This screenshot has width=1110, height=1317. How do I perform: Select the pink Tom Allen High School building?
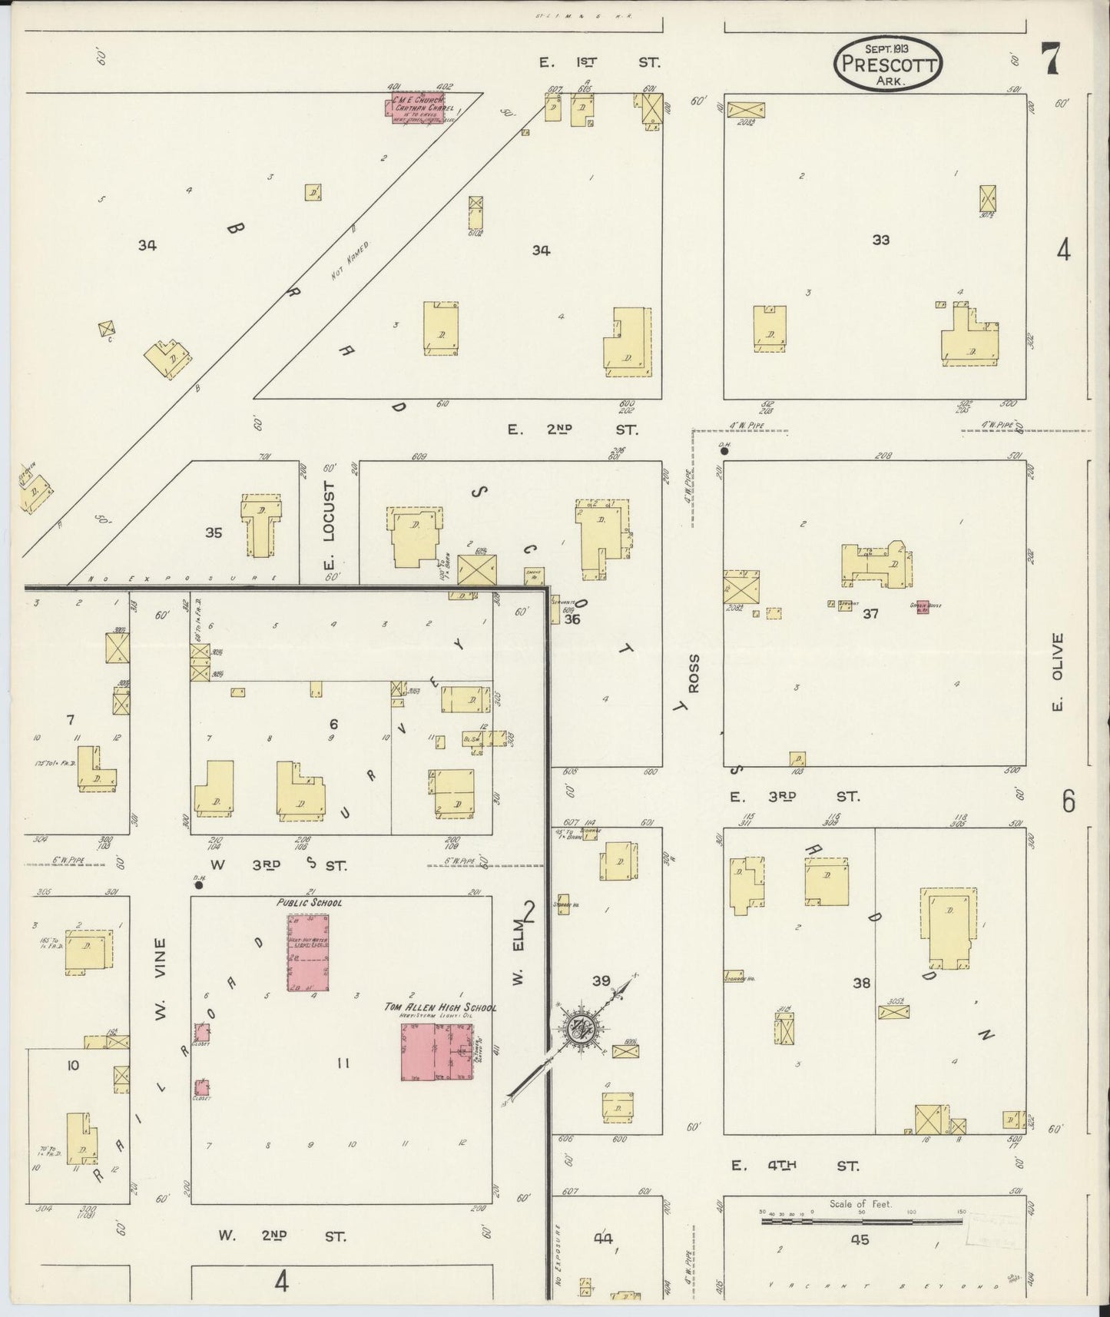(x=437, y=1051)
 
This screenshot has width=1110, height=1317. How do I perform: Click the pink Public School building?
(x=308, y=952)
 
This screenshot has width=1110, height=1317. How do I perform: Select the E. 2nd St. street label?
(x=572, y=430)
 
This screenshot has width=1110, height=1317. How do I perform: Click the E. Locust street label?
(x=330, y=522)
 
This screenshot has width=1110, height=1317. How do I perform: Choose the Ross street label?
(x=694, y=674)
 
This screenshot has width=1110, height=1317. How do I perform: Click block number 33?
(x=880, y=240)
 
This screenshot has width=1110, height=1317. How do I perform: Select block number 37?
(x=870, y=613)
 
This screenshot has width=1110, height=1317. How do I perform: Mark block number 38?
(x=861, y=982)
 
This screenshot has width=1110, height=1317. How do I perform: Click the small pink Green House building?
(x=923, y=606)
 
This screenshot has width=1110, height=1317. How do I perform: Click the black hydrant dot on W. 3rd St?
(x=198, y=884)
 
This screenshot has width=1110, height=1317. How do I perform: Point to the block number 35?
(x=213, y=532)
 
